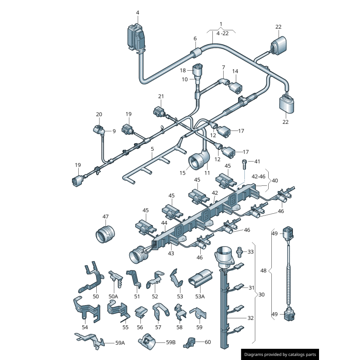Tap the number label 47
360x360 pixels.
[x=105, y=216]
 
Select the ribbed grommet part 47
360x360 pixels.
[x=105, y=234]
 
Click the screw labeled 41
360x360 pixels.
[x=245, y=164]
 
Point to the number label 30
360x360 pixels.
[x=261, y=295]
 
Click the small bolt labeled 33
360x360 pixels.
[x=240, y=250]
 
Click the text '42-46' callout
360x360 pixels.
[x=259, y=177]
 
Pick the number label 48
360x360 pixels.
[x=264, y=271]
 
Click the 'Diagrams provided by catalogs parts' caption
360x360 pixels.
[x=280, y=355]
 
